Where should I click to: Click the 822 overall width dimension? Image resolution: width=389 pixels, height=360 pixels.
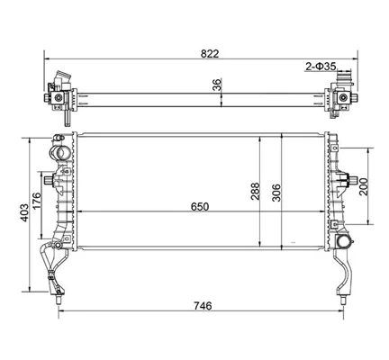(x=210, y=54)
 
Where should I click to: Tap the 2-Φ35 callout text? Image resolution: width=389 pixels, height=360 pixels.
(x=321, y=67)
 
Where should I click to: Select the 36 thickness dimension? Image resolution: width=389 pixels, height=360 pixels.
(x=217, y=85)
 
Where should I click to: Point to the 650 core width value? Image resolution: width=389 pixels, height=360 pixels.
(x=200, y=207)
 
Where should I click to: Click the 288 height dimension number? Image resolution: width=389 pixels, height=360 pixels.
(x=255, y=192)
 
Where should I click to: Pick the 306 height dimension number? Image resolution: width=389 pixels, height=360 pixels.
(x=276, y=193)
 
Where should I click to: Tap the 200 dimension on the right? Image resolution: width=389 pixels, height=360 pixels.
(x=363, y=186)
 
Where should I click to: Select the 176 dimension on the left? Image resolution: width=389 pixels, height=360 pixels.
(x=36, y=202)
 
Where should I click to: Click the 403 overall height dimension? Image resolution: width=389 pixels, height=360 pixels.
(x=24, y=213)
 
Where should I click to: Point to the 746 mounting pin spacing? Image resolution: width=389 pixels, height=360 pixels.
(x=203, y=306)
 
